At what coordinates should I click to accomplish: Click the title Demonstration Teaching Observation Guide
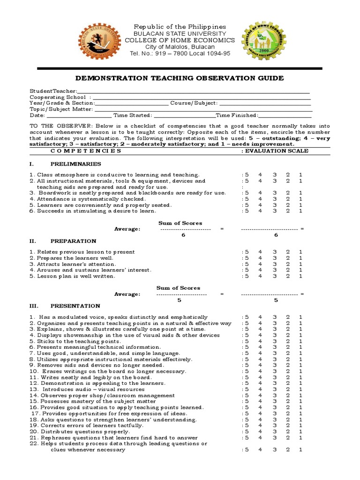click(x=180, y=78)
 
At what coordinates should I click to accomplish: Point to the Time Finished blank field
click(x=285, y=115)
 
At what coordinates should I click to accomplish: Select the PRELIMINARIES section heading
click(x=75, y=164)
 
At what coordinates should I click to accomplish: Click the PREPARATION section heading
click(x=73, y=241)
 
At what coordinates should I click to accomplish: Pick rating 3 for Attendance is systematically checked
click(x=275, y=199)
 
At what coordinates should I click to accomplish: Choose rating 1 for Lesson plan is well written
click(x=300, y=276)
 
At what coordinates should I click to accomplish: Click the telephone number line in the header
click(x=180, y=53)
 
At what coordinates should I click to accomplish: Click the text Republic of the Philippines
click(x=180, y=27)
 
